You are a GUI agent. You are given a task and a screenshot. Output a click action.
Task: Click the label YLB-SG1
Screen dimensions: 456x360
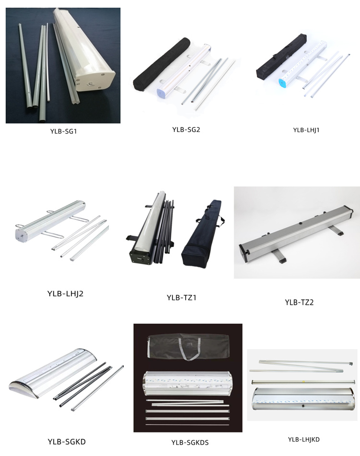tap(63, 131)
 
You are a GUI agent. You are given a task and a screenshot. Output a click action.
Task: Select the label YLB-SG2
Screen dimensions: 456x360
tap(186, 129)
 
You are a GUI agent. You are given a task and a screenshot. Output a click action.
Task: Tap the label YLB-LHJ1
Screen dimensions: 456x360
tap(306, 130)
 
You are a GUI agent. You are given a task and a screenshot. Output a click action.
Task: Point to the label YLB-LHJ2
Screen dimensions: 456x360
tap(66, 293)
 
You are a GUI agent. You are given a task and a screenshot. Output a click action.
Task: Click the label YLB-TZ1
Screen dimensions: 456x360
tap(181, 298)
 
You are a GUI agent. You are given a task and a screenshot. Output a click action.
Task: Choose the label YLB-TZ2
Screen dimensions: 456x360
tap(299, 302)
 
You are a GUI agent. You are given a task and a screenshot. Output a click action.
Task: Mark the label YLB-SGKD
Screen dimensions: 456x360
tap(67, 441)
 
